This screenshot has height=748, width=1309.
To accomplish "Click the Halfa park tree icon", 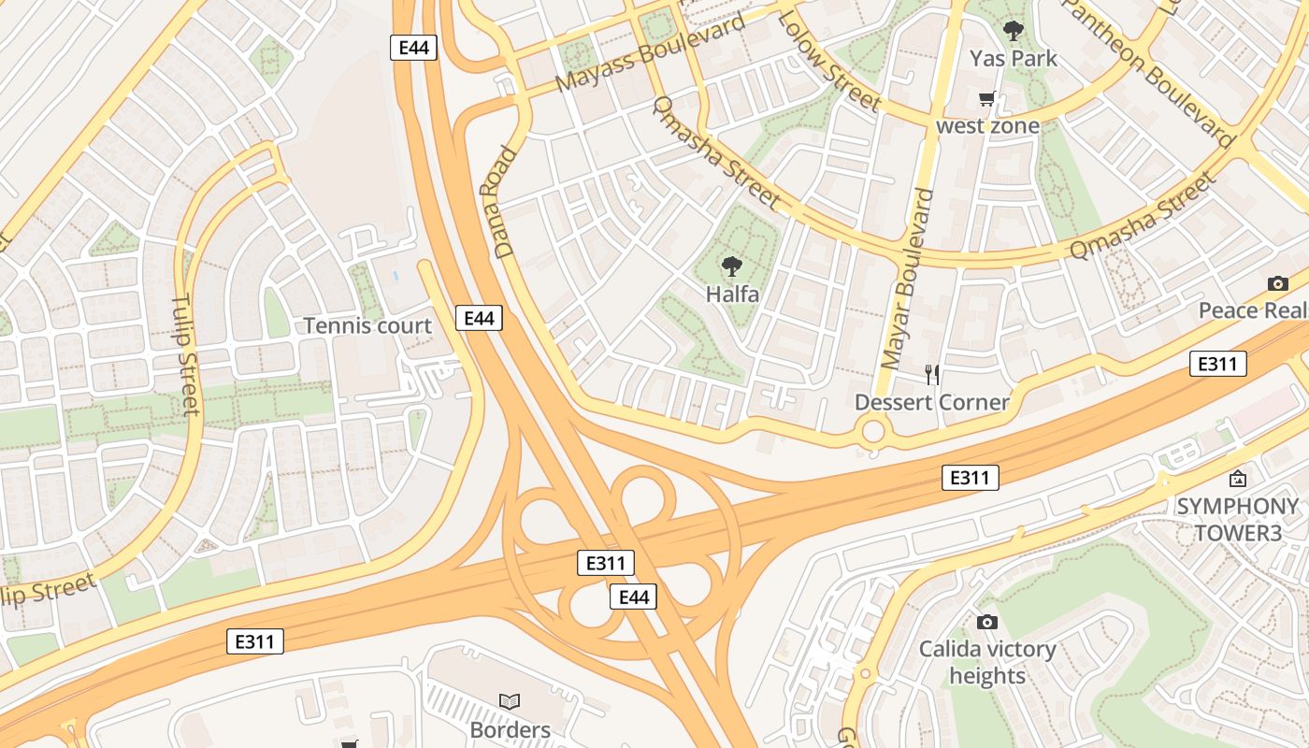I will [x=732, y=266].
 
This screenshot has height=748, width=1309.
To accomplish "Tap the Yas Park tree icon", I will [x=1013, y=31].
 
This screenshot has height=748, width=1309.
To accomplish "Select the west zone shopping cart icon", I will [x=986, y=98].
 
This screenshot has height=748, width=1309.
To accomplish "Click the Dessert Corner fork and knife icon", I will [x=931, y=375].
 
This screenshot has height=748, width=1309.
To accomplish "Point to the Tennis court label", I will [x=367, y=326].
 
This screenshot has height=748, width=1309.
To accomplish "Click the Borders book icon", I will [x=510, y=701].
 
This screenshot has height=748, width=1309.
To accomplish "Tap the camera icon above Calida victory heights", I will [x=986, y=622].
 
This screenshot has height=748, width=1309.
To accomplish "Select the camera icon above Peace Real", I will [x=1277, y=283].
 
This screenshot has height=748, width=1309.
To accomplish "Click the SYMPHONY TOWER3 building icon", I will [x=1237, y=479].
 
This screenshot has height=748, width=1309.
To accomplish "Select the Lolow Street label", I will [x=828, y=61].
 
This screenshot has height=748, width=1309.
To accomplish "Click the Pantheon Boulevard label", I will [x=1147, y=70].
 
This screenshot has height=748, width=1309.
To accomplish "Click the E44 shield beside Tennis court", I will [x=479, y=318].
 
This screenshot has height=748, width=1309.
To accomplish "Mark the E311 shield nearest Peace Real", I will [x=1217, y=364].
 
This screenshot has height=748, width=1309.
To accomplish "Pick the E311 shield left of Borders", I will [x=254, y=641].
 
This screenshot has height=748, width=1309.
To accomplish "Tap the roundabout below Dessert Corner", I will [x=873, y=432].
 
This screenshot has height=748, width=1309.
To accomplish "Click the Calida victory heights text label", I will [x=986, y=662].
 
